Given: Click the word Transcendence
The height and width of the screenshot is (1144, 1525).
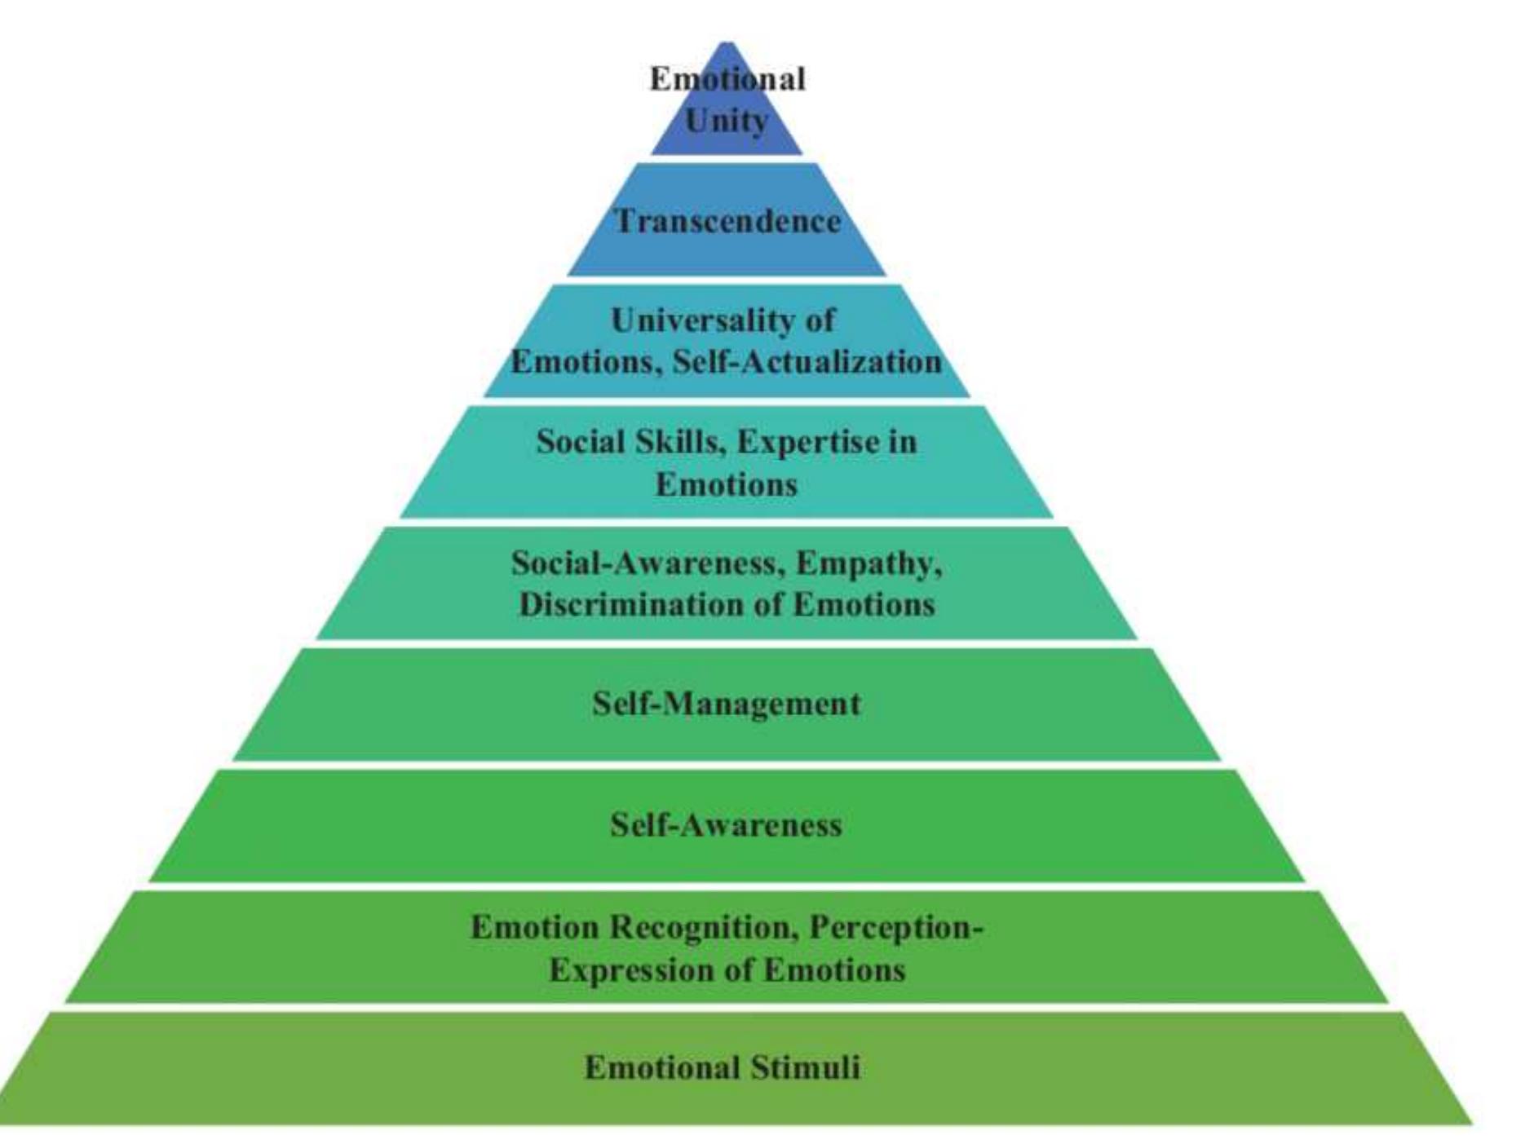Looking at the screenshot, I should point(727,221).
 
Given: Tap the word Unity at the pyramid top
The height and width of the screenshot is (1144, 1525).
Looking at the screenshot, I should point(727,121).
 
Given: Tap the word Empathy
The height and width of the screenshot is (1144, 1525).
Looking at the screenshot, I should point(869,563).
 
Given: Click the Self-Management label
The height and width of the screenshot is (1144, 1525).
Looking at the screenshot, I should point(726,703).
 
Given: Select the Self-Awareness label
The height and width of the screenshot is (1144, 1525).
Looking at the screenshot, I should point(726,825).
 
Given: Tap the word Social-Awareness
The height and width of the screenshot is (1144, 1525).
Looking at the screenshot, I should point(648,563).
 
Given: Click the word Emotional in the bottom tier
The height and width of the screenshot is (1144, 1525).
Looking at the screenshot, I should point(661,1067).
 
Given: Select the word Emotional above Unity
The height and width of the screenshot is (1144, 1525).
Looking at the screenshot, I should point(727,79).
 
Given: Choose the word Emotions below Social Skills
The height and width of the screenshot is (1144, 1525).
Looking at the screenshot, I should point(726,484).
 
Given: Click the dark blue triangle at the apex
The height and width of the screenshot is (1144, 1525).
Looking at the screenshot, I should point(727,139).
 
